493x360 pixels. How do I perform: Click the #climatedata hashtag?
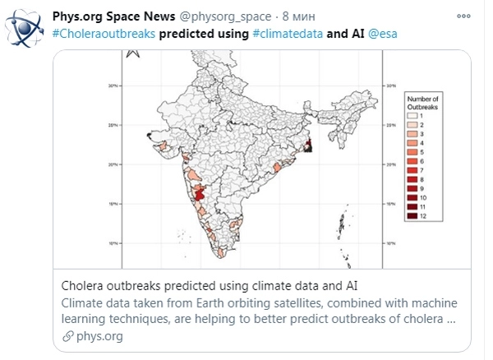[283, 35]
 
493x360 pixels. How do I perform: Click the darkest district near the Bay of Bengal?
[309, 146]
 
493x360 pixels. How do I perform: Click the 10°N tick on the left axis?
[117, 242]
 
